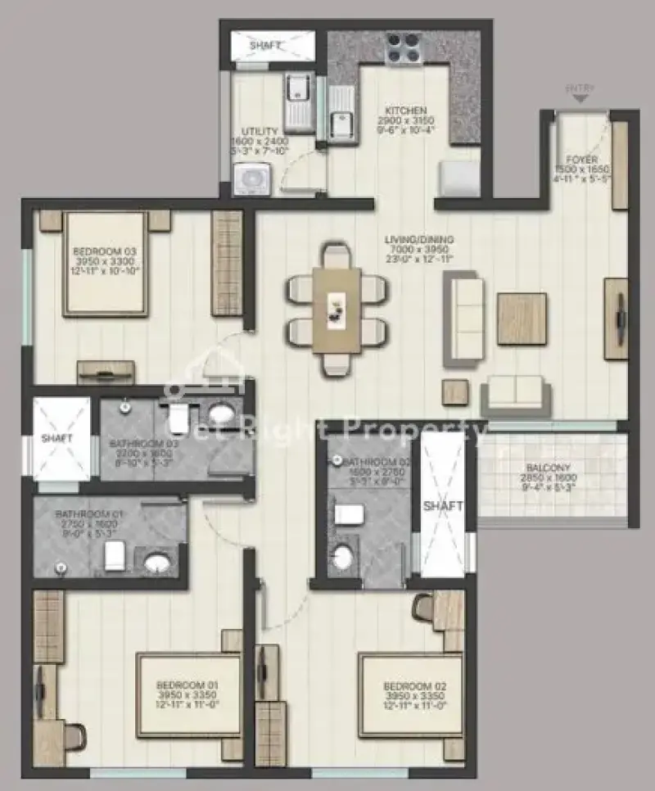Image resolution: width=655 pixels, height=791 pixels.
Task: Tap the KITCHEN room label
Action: pos(406,111)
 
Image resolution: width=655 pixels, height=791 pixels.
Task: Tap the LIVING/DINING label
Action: pos(420,240)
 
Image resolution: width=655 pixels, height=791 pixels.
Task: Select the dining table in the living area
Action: pos(337,310)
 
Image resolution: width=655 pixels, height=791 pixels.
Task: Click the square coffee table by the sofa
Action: pos(522,319)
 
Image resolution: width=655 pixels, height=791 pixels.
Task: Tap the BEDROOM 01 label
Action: pos(189,685)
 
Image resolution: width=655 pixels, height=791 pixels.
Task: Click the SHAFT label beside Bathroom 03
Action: pos(58,438)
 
